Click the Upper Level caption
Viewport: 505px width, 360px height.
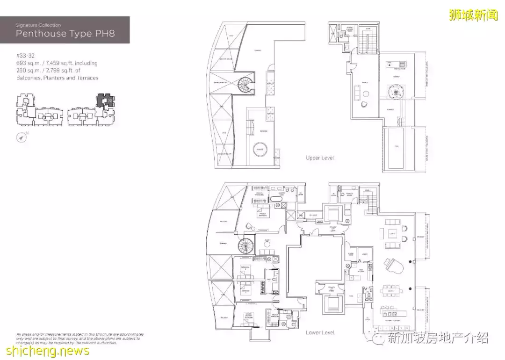(320, 158)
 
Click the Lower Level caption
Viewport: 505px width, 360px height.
(320, 332)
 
